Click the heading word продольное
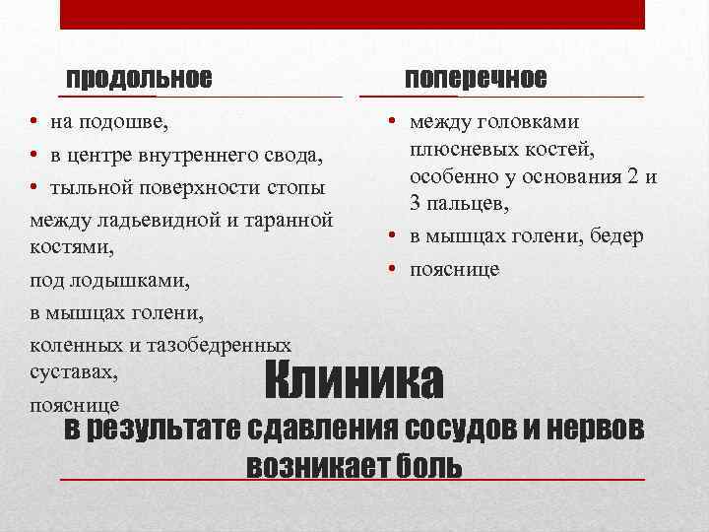click(x=138, y=77)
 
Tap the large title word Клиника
click(x=354, y=379)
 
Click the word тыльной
click(x=87, y=186)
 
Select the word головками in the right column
click(x=531, y=122)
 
